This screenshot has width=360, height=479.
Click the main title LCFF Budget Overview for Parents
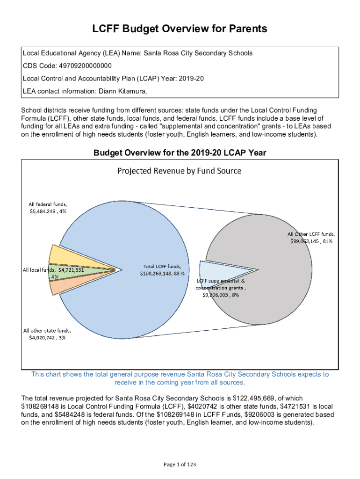coord(180,29)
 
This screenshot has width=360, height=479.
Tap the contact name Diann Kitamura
coord(123,91)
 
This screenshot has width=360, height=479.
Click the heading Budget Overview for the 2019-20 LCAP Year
coord(180,153)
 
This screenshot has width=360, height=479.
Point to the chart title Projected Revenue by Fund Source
coord(179,171)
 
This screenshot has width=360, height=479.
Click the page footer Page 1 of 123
coord(180,464)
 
